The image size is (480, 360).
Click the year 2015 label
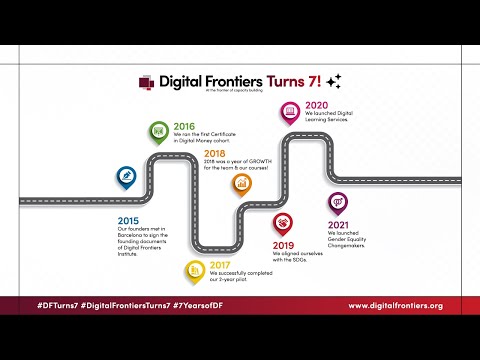[128, 219]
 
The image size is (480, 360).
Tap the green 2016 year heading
[184, 127]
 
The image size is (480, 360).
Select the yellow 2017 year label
[220, 265]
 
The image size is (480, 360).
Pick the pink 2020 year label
[317, 105]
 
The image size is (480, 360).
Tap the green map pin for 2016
[158, 130]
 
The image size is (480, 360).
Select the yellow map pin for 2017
[193, 268]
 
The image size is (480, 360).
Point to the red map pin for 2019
[284, 222]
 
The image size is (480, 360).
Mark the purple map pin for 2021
[337, 203]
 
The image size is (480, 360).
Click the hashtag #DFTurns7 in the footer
[63, 304]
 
